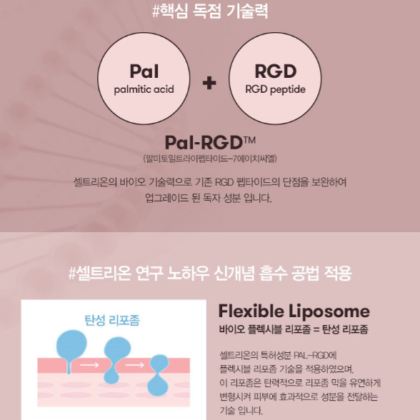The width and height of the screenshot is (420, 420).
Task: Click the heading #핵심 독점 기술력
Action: point(210,11)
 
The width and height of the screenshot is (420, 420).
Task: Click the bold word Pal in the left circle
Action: point(144,71)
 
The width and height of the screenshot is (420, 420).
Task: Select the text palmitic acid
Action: point(144,89)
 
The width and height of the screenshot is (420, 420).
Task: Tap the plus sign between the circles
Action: point(209,83)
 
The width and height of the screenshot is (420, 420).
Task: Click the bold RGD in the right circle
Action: point(276,71)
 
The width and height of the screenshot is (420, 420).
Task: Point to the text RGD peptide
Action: point(276,89)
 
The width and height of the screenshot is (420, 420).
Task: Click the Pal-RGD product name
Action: point(204,142)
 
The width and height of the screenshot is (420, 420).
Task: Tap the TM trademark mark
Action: point(249,140)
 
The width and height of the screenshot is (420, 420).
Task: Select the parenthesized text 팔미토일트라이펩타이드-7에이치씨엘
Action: point(210,159)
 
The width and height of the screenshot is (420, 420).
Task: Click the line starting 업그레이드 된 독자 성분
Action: point(208,199)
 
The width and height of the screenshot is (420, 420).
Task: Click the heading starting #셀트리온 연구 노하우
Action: point(210,273)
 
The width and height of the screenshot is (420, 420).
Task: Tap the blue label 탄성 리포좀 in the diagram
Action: point(112,320)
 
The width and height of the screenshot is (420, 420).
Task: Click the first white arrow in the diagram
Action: point(89,365)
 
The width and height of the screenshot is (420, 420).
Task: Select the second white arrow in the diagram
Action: point(135,365)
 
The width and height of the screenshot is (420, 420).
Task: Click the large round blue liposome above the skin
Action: point(71,346)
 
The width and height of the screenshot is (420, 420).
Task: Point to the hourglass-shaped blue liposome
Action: point(159,375)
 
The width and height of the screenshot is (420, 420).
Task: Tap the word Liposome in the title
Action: point(329,311)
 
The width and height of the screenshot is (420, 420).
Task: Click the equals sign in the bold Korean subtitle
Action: point(316,329)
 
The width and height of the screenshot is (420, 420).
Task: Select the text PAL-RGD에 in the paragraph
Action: point(315,356)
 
